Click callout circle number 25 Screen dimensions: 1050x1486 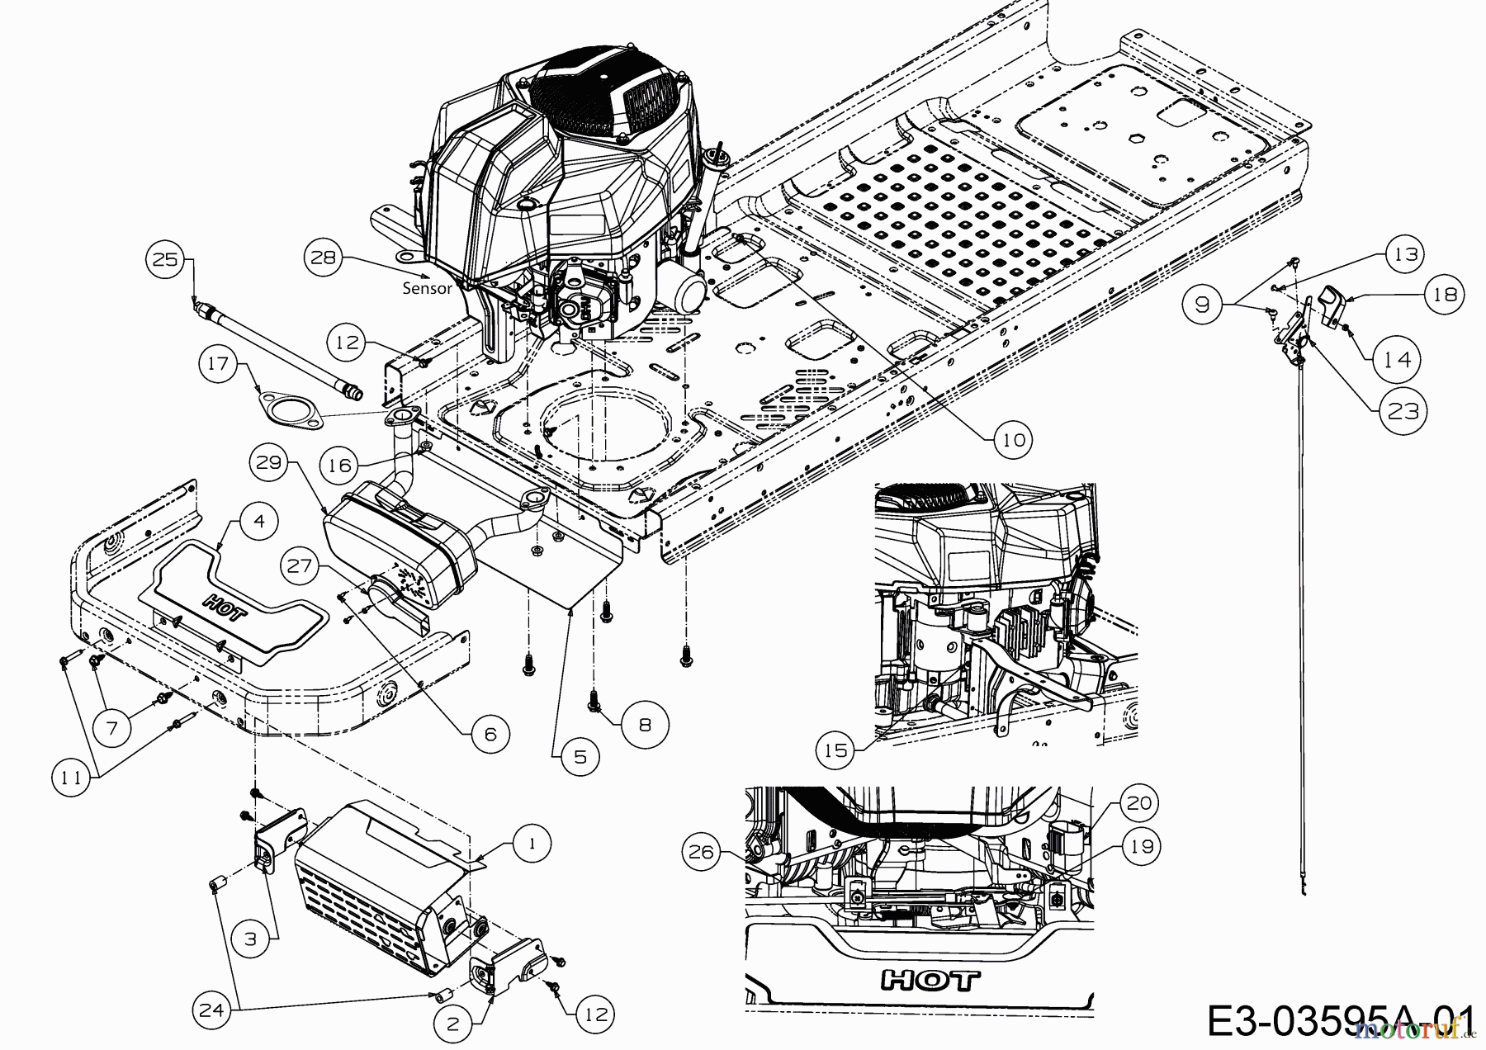click(x=165, y=258)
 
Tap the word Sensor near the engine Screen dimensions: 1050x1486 click(x=427, y=288)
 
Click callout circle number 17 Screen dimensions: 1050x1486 click(x=218, y=364)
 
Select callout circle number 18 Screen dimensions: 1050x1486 click(x=1444, y=294)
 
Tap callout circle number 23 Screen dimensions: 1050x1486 click(x=1403, y=410)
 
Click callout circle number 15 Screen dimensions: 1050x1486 click(x=836, y=750)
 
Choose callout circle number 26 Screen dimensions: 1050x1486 click(x=701, y=851)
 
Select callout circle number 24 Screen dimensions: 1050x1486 click(x=212, y=1010)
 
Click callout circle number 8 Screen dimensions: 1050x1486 click(x=645, y=725)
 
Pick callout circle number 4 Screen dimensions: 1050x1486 click(x=259, y=523)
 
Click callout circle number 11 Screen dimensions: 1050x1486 click(x=72, y=777)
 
